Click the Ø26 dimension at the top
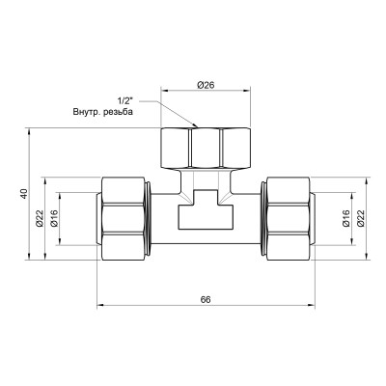tap(205, 85)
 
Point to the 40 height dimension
tap(23, 193)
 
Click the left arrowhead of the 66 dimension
tap(100, 308)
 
